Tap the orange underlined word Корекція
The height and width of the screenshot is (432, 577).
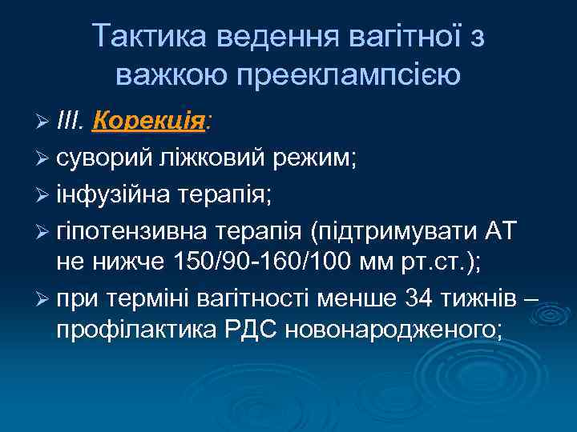[150, 122]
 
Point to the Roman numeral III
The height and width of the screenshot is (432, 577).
[72, 122]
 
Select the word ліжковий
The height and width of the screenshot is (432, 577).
[211, 157]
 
